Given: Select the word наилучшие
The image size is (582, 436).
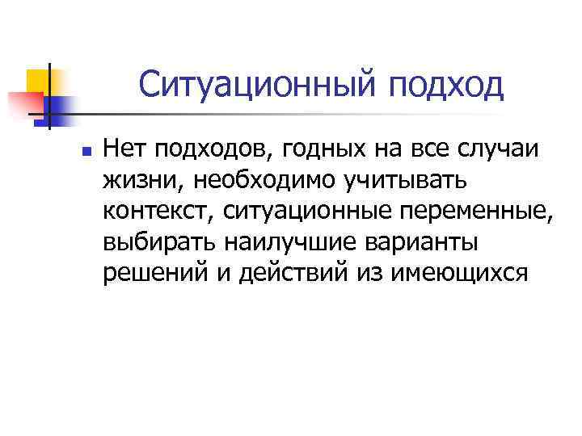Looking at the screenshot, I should [289, 242].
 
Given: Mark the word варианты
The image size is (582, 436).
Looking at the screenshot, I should [423, 242].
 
